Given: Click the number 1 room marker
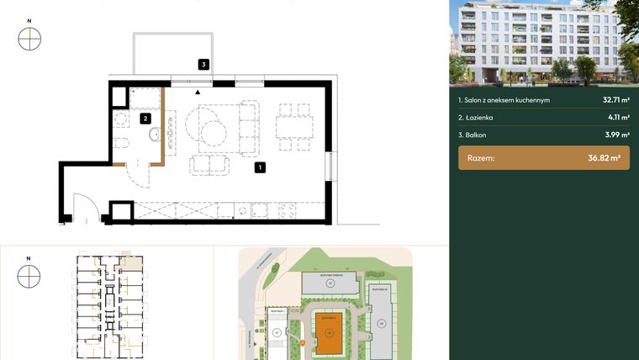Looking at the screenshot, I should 261,167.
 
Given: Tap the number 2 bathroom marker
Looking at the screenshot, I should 145,119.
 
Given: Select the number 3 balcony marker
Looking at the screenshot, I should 203,64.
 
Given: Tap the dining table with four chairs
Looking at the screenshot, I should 295,130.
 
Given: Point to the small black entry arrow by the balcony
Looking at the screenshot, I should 198,92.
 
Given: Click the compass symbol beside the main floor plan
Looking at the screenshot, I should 29,39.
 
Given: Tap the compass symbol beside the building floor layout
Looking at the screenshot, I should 29,275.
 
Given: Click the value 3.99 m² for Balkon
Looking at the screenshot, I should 616,135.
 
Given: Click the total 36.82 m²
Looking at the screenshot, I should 604,157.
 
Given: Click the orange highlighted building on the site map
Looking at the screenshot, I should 329,336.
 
